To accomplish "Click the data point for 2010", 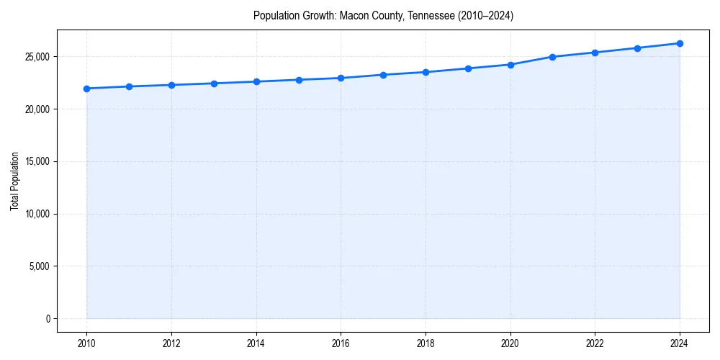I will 86,89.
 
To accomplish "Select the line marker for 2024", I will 680,43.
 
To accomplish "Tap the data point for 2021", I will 552,57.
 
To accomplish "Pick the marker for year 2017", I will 383,75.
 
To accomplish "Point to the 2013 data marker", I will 214,84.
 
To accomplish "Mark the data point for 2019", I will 468,68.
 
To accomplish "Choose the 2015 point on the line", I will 299,80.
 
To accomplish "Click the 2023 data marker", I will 637,48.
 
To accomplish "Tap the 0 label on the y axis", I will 48,318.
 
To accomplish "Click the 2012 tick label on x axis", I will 171,343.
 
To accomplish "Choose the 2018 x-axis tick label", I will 426,343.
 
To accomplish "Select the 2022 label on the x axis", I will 595,343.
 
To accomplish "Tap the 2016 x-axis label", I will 341,343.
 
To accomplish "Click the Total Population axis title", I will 14,181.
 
